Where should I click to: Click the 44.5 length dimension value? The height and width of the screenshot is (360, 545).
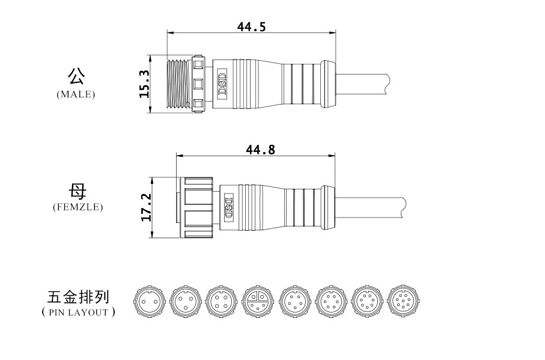click(251, 26)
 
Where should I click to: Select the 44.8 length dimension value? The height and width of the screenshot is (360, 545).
click(260, 150)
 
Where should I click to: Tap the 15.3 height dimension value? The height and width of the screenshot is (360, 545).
click(144, 84)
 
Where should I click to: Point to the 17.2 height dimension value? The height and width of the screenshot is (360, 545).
click(146, 207)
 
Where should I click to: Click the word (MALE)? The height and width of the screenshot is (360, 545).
click(76, 94)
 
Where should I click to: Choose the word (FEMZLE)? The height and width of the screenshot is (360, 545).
click(78, 207)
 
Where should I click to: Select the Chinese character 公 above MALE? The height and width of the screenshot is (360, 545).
click(76, 76)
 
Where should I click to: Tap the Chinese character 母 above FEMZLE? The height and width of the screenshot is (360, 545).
click(77, 192)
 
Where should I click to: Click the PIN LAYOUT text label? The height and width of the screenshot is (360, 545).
click(78, 312)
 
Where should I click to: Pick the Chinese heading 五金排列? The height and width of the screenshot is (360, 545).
click(78, 297)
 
